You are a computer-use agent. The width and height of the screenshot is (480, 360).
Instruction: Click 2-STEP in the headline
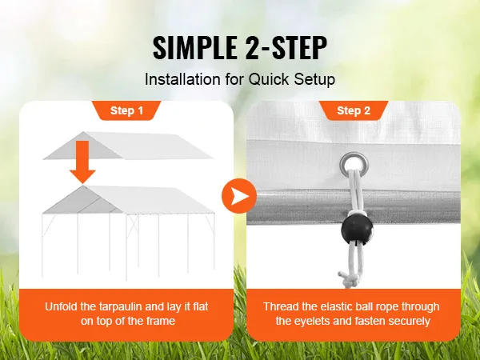(x=283, y=47)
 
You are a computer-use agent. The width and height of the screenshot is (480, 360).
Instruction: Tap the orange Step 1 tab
(x=127, y=110)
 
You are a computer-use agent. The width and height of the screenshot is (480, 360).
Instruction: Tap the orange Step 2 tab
(x=353, y=110)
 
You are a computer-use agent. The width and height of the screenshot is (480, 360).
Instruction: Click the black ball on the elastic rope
(x=354, y=230)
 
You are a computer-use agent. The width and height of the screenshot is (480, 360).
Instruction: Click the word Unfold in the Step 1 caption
(x=63, y=306)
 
